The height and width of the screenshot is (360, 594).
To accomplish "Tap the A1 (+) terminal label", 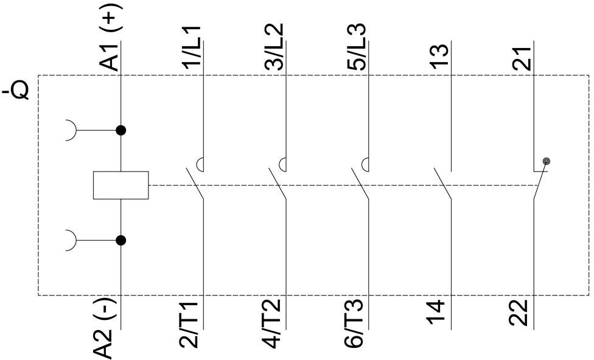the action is coord(110,41).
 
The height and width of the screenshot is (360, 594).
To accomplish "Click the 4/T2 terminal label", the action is coord(273,325).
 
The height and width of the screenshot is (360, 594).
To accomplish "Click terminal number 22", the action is coord(521,314).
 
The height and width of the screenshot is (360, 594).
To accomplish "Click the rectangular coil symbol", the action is coord(121,185).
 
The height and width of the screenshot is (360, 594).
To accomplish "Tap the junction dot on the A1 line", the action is coord(121,130).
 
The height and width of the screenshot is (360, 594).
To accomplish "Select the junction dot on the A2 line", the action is coord(121,241).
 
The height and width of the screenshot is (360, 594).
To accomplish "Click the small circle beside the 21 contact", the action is coord(547,161).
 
